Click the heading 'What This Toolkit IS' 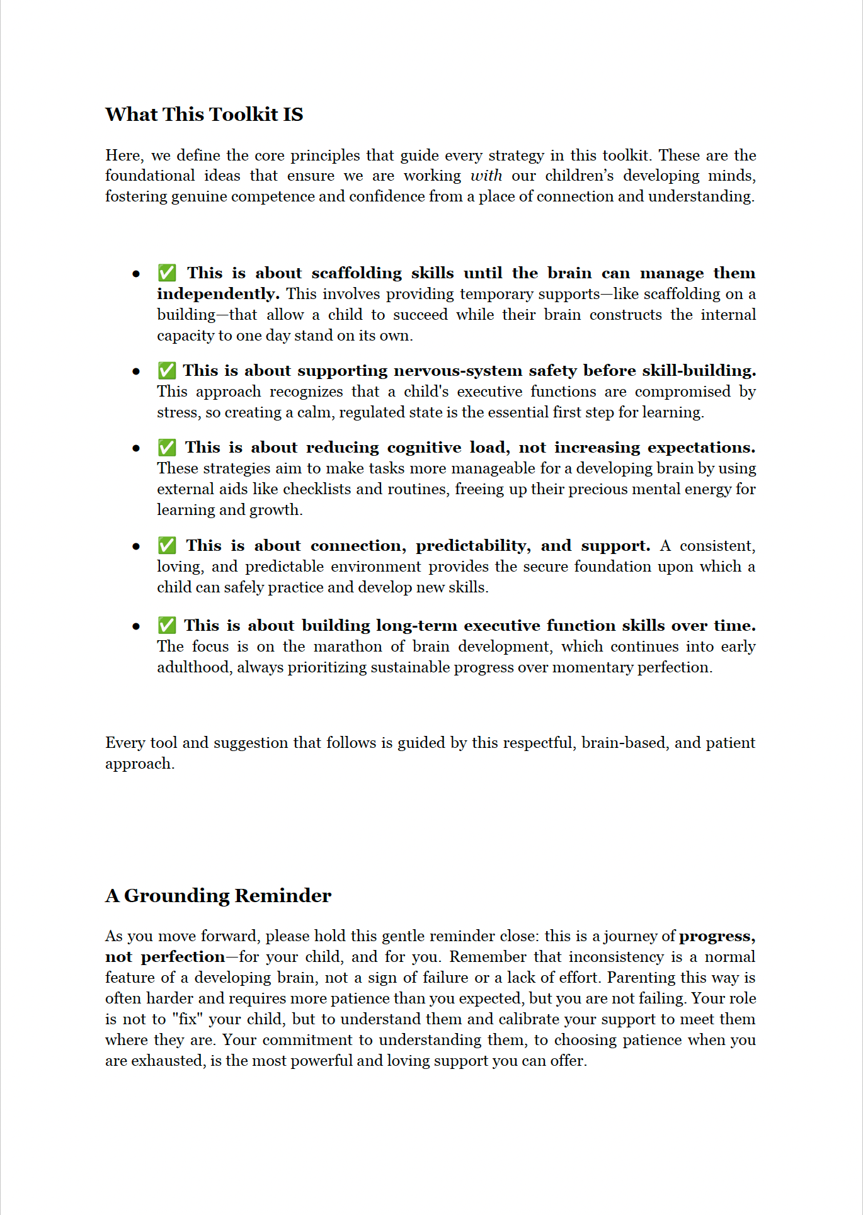point(204,114)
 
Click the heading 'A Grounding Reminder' point(218,895)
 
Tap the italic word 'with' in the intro point(486,176)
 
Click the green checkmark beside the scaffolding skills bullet point(167,273)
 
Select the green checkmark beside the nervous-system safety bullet point(167,371)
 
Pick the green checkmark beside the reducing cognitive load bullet point(167,448)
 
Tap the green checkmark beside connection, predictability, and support point(167,545)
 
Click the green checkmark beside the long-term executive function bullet point(167,626)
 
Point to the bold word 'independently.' point(218,294)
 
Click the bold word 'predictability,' point(472,545)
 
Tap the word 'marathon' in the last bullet point(348,647)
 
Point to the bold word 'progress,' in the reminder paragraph point(717,936)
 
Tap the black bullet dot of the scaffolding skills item point(136,274)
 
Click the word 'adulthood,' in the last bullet point(194,667)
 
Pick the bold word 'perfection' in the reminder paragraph point(183,957)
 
